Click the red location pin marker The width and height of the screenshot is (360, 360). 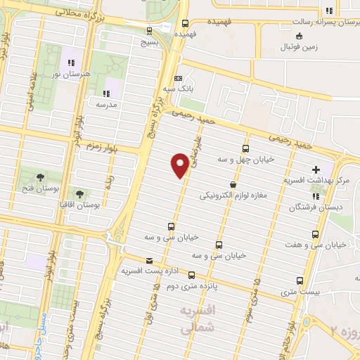pyautogui.click(x=180, y=165)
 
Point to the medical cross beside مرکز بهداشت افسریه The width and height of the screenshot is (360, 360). pyautogui.click(x=316, y=169)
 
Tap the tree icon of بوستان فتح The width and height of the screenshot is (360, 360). pyautogui.click(x=37, y=176)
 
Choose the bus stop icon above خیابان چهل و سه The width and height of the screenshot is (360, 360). pyautogui.click(x=245, y=148)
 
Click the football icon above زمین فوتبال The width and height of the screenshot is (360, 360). pyautogui.click(x=300, y=36)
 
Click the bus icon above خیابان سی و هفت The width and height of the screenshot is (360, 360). pyautogui.click(x=314, y=234)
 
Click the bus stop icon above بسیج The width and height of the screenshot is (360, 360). pyautogui.click(x=148, y=30)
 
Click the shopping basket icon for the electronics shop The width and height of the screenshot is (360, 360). pyautogui.click(x=233, y=185)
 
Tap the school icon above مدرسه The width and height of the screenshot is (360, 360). pyautogui.click(x=105, y=93)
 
